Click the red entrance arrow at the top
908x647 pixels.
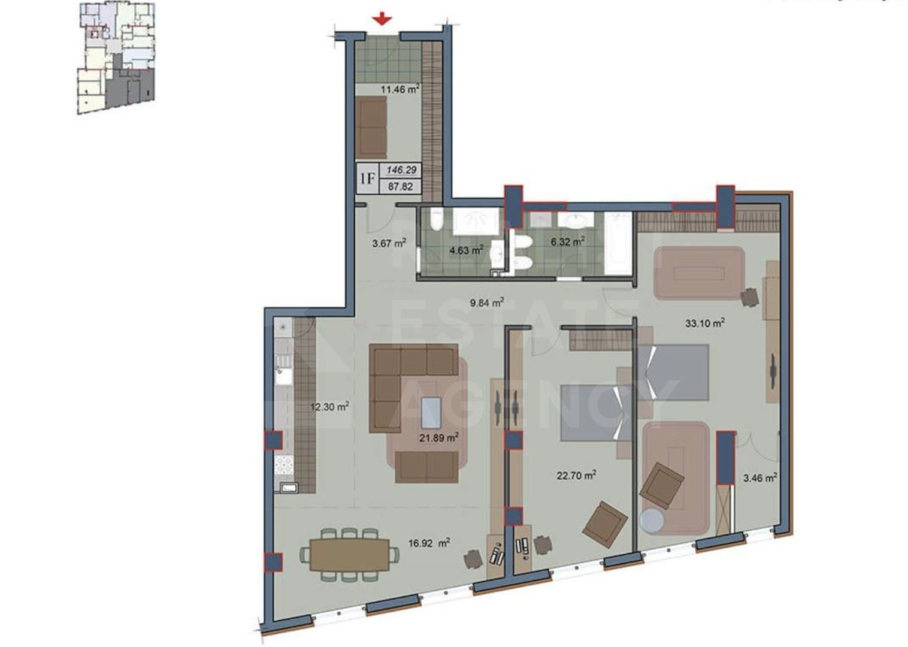tap(382, 20)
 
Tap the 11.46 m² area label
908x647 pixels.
tap(400, 90)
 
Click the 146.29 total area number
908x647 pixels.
tap(401, 171)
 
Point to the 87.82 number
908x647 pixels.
tap(401, 186)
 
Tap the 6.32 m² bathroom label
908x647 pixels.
tap(567, 242)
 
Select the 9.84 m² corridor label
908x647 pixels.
tap(486, 303)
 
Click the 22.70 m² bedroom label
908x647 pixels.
tap(576, 476)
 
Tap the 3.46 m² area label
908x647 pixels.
tap(760, 478)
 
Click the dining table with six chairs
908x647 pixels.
tap(349, 554)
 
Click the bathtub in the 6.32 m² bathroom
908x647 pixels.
tap(618, 243)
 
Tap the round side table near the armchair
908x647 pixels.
tap(653, 521)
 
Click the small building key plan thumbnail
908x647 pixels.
tap(116, 57)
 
